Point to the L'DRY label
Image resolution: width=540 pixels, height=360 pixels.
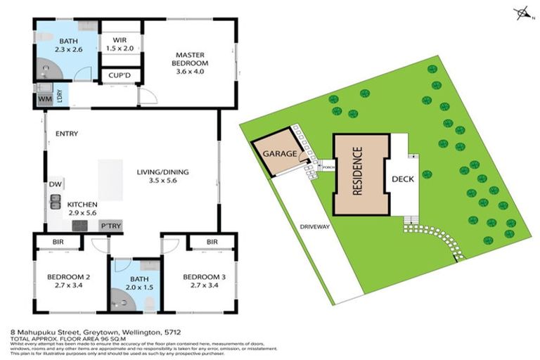tap(60, 94)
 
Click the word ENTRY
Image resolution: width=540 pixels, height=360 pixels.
tap(66, 134)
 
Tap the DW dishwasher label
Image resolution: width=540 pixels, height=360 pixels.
tap(55, 184)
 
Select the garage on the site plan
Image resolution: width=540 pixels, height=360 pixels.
tap(277, 153)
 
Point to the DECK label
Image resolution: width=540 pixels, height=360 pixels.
tap(403, 179)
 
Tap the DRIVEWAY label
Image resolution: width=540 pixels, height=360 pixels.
tap(314, 227)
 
